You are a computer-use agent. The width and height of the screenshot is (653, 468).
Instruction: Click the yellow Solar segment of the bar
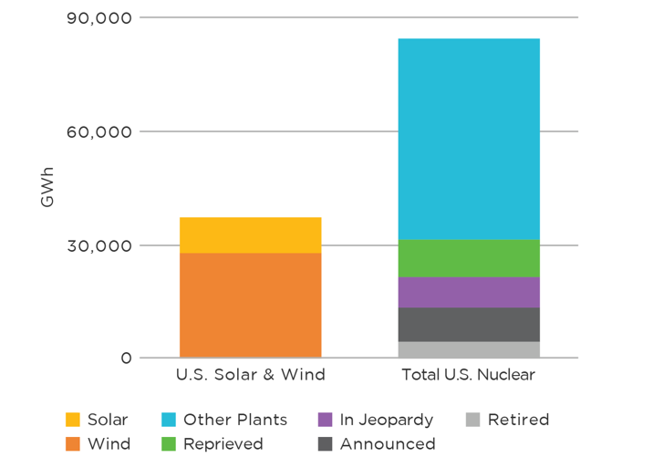pyautogui.click(x=250, y=234)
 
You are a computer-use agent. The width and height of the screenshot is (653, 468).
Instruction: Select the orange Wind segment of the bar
pyautogui.click(x=250, y=305)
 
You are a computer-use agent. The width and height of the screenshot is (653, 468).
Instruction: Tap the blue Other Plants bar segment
pyautogui.click(x=468, y=139)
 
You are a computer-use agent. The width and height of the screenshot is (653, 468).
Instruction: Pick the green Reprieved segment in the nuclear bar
pyautogui.click(x=468, y=258)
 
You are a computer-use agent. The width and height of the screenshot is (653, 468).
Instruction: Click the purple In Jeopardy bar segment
pyautogui.click(x=468, y=292)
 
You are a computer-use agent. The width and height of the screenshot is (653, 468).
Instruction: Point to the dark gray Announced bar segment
pyautogui.click(x=468, y=325)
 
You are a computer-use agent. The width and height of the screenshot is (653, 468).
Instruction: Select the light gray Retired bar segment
pyautogui.click(x=468, y=349)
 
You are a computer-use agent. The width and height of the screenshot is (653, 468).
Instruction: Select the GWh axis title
pyautogui.click(x=47, y=186)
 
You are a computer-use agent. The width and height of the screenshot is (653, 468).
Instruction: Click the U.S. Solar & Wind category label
pyautogui.click(x=250, y=375)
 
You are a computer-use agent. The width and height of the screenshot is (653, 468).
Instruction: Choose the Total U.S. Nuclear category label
pyautogui.click(x=468, y=375)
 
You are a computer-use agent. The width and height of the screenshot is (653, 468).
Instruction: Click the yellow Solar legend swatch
pyautogui.click(x=73, y=420)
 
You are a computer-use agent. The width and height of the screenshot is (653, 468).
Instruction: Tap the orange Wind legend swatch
pyautogui.click(x=73, y=444)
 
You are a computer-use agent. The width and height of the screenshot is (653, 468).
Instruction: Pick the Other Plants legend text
pyautogui.click(x=235, y=420)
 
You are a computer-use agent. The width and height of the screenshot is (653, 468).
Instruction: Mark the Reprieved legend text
pyautogui.click(x=223, y=444)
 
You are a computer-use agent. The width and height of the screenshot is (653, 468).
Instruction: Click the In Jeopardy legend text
pyautogui.click(x=387, y=420)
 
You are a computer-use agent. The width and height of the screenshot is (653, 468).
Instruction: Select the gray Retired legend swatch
pyautogui.click(x=472, y=420)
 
